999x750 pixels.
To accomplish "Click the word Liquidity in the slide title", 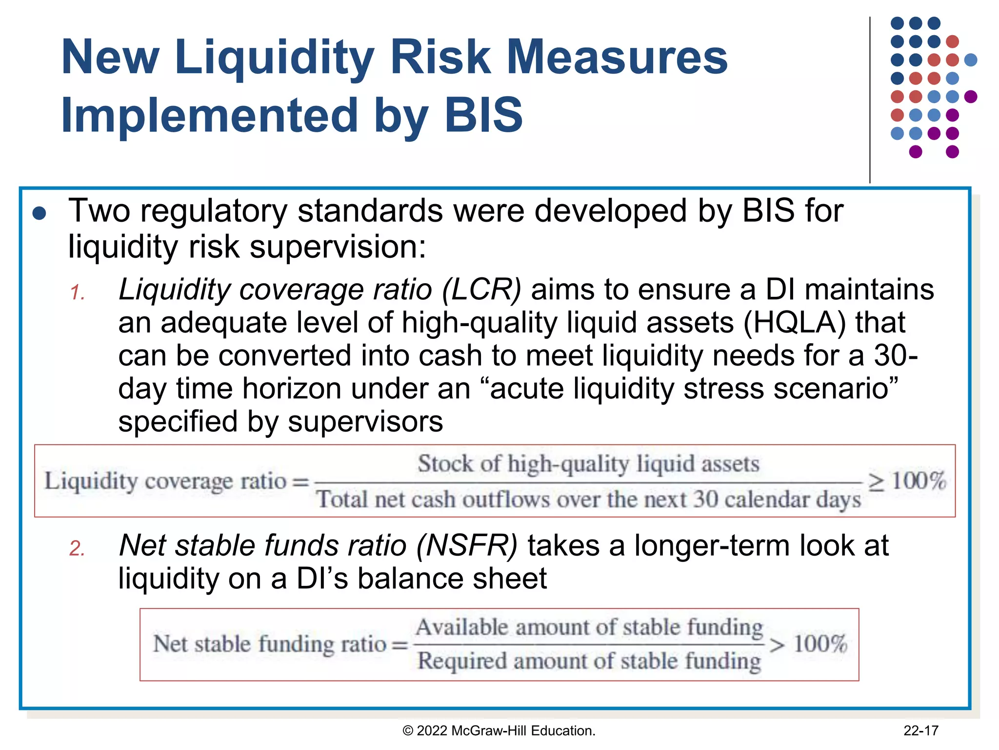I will click(x=276, y=58).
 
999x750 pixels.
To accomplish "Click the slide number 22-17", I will click(x=920, y=730).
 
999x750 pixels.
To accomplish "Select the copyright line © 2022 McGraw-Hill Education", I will click(x=499, y=730).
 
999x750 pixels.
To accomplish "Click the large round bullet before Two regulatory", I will click(x=39, y=213).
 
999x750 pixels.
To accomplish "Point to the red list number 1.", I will click(x=78, y=292).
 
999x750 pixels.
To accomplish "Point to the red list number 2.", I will click(x=77, y=548).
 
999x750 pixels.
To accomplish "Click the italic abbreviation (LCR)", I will click(x=481, y=290).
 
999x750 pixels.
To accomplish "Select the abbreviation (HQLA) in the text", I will click(x=794, y=323).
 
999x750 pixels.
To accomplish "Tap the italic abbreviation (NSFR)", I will click(x=466, y=545).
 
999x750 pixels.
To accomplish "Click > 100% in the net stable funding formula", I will click(x=808, y=644).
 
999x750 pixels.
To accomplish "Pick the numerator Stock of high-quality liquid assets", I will click(x=588, y=464).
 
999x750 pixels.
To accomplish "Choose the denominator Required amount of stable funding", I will click(x=589, y=661).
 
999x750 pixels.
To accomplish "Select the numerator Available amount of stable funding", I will click(x=589, y=627).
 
